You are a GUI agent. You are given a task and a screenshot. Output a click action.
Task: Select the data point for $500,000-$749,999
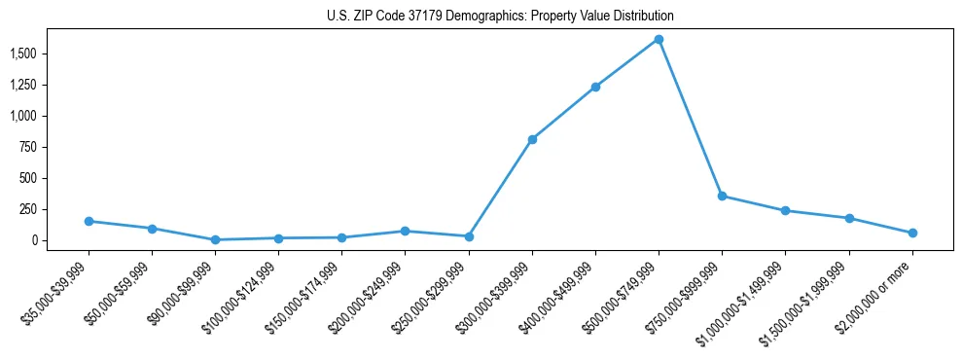pos(659,40)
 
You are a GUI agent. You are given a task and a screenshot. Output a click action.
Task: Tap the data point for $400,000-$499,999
pos(595,87)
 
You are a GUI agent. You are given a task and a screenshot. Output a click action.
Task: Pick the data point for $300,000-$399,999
pos(532,139)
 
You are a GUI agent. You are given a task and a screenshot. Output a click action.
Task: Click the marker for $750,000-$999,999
pos(722,196)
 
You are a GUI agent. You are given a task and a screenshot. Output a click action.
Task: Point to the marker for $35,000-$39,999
pos(89,221)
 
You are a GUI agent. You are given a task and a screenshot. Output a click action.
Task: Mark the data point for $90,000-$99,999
pos(215,239)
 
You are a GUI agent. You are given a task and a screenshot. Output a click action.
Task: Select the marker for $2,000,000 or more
pos(912,233)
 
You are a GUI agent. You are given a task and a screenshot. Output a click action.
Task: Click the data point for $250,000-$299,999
pos(469,236)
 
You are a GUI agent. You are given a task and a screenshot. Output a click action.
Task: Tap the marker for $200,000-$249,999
pos(405,231)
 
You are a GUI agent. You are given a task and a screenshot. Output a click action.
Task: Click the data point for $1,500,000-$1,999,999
pos(849,218)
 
